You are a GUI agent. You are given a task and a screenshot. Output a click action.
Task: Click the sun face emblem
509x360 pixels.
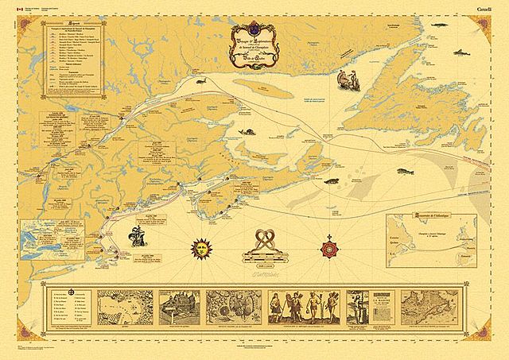(x=198, y=247)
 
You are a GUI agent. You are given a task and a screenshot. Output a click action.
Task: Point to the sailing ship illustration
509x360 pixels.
(x=136, y=236)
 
